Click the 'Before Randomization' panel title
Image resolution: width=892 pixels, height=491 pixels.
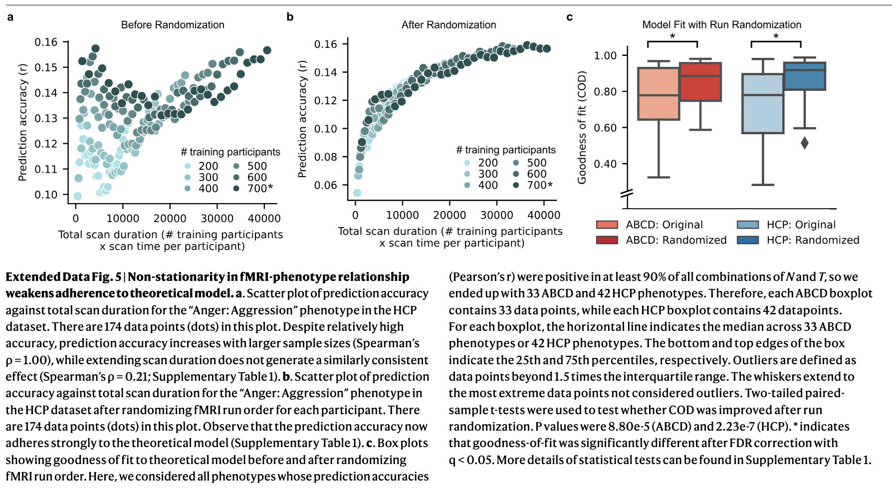pos(173,25)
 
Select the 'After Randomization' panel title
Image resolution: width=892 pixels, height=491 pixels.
pos(448,25)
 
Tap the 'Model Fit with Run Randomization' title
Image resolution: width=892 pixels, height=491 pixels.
pos(721,25)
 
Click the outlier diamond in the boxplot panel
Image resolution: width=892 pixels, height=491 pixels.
pos(805,143)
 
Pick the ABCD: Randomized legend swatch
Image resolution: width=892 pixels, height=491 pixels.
pos(607,240)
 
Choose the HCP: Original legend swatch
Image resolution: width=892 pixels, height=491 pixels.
pos(748,225)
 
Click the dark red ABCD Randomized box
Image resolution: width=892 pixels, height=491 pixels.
pos(700,82)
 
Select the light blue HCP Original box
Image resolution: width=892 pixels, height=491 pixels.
pos(763,103)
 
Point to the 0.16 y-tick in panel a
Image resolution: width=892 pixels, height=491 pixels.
pos(46,42)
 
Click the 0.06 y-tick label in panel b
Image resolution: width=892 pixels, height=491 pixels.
pos(325,185)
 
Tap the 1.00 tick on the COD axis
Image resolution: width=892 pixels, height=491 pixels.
pos(605,55)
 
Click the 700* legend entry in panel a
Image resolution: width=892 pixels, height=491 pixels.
pos(260,189)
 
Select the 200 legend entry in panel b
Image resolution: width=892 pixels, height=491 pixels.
pos(487,163)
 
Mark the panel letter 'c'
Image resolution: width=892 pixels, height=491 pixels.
pos(569,17)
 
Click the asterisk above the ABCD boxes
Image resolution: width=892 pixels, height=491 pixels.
pos(672,36)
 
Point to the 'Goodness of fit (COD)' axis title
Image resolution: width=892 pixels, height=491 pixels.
pos(582,128)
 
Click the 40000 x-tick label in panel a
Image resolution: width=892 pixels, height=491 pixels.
pos(264,219)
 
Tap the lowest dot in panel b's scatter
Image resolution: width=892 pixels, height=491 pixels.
pos(357,193)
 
